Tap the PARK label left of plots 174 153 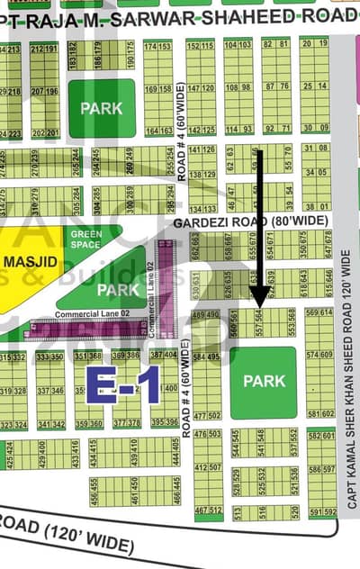[x=102, y=108]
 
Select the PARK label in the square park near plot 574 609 [x=265, y=381]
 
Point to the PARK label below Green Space [x=119, y=290]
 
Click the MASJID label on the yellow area [x=31, y=261]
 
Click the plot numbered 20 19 [x=314, y=43]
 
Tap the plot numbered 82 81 [x=276, y=43]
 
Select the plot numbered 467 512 [x=208, y=510]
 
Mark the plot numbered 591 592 [x=321, y=512]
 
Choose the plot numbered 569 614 [x=319, y=312]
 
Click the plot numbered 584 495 [x=206, y=357]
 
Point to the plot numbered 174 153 [x=157, y=46]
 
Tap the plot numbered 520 [x=293, y=510]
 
